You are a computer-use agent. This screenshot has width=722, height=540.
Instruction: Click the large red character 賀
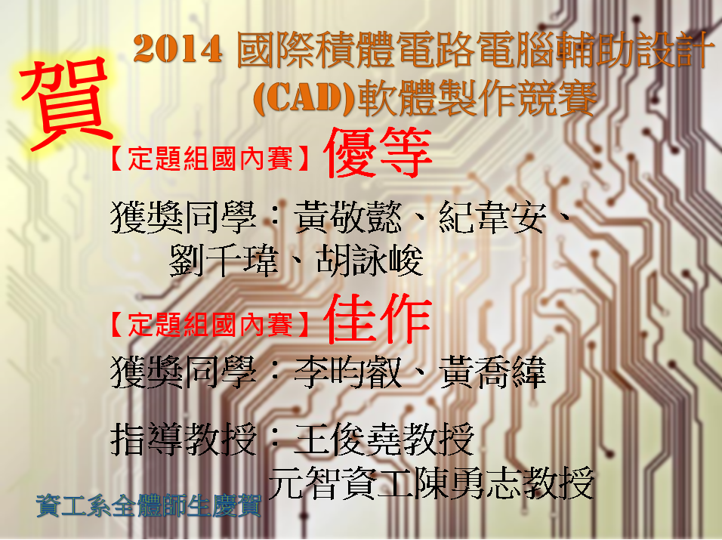click(x=66, y=104)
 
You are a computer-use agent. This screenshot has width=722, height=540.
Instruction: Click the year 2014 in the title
click(x=178, y=49)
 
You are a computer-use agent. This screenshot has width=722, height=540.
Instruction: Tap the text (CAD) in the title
click(x=304, y=97)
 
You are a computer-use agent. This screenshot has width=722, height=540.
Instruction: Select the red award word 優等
click(x=378, y=153)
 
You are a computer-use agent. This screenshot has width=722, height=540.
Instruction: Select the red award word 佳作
click(x=378, y=319)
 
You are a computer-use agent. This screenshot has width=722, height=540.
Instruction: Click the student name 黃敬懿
click(x=348, y=217)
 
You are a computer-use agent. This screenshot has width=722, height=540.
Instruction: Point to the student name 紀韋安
click(x=492, y=217)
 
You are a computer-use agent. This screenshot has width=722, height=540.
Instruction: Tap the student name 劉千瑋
click(x=224, y=261)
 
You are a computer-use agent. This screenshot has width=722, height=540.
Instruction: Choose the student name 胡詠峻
click(x=370, y=261)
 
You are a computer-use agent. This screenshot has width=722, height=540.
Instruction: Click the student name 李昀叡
click(x=348, y=372)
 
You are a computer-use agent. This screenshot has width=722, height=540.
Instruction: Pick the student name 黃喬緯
click(x=492, y=372)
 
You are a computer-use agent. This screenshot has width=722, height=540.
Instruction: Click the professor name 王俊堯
click(x=348, y=440)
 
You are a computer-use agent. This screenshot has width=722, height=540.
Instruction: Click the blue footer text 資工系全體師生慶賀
click(x=148, y=505)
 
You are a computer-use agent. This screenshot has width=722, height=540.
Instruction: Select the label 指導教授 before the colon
click(x=184, y=440)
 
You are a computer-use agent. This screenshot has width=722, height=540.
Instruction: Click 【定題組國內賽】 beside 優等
click(x=210, y=159)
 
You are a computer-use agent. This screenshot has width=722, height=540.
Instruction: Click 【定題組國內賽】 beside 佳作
click(x=210, y=325)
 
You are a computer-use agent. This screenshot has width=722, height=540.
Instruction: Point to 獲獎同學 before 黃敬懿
click(x=184, y=217)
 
